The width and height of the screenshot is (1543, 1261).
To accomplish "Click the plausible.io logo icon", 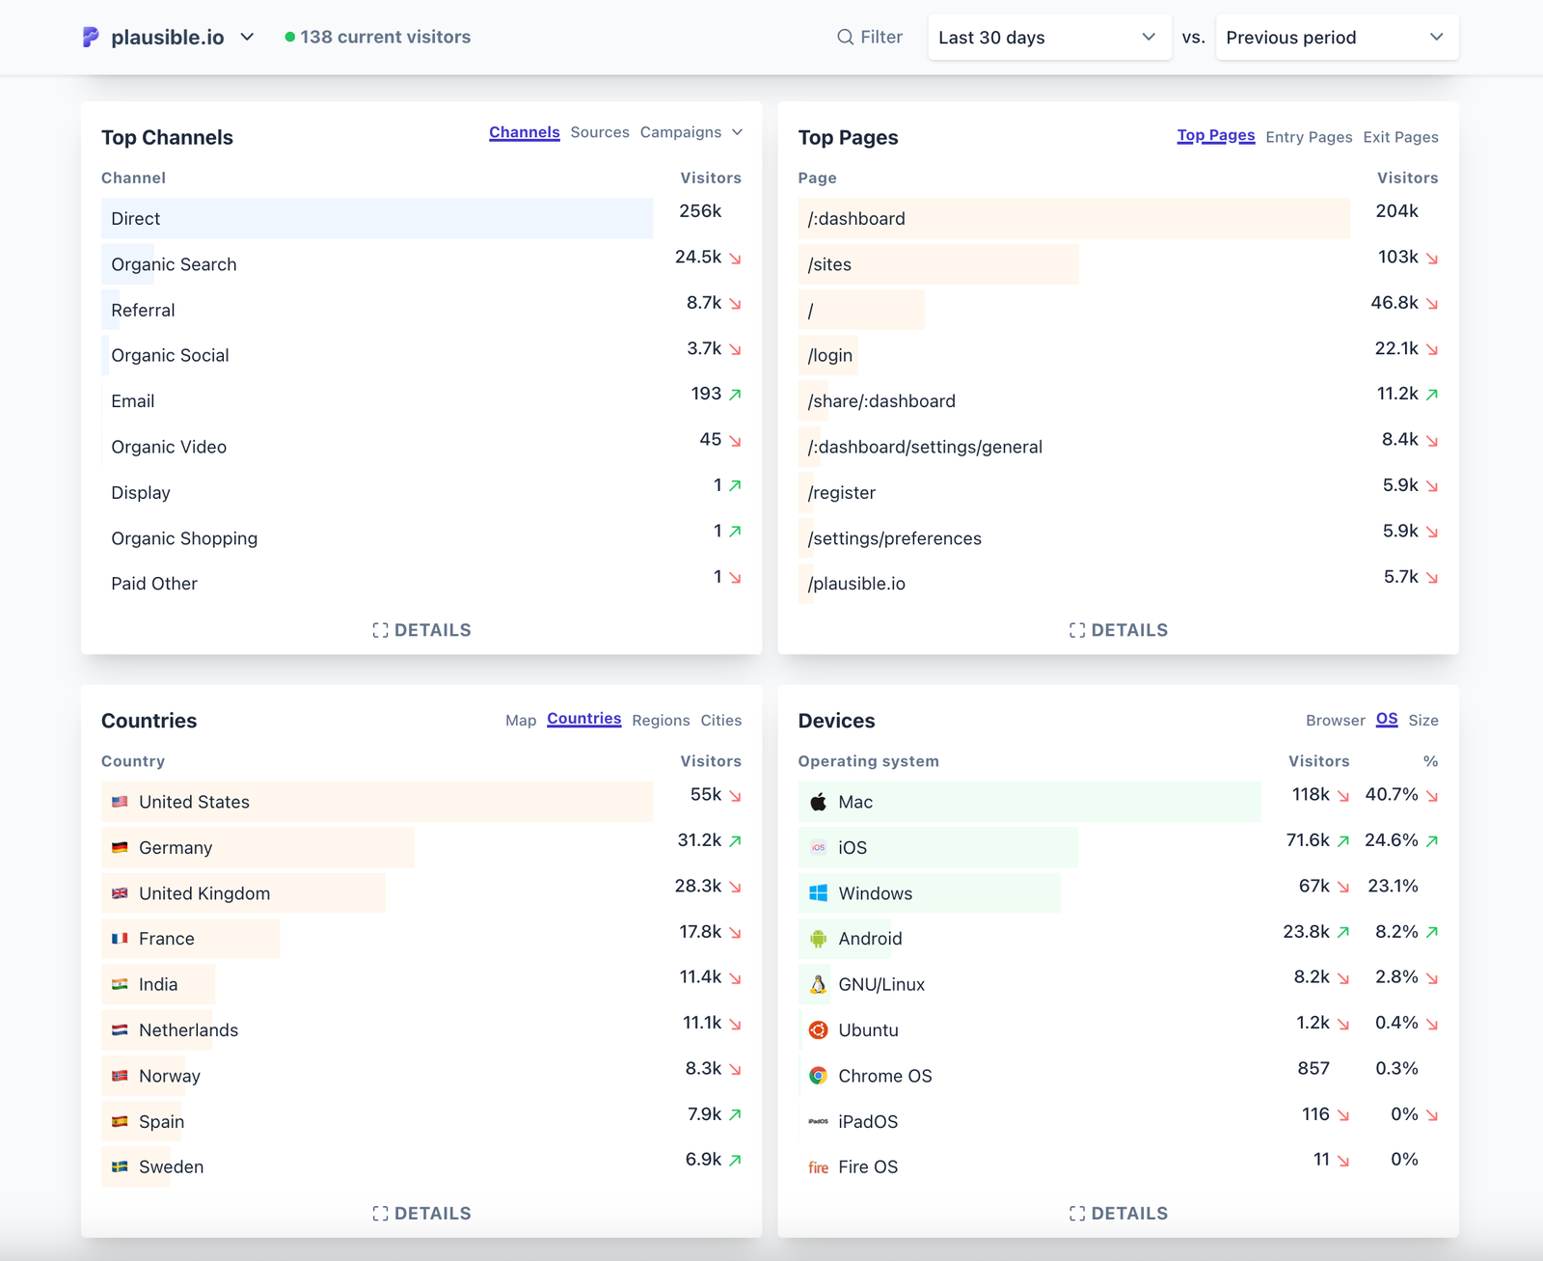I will [91, 37].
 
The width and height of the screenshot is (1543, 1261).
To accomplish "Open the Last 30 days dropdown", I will [1048, 38].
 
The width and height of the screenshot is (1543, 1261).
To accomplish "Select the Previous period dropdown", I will [1336, 38].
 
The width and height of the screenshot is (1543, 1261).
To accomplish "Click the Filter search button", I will [870, 37].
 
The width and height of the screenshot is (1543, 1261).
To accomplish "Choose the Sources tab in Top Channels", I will [599, 132].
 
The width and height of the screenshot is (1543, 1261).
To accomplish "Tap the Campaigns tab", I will [681, 132].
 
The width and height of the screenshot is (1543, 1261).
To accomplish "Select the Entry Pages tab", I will [1308, 137].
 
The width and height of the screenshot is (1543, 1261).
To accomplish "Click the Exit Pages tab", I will [1400, 137].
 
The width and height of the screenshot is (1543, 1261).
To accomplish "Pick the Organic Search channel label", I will [174, 264].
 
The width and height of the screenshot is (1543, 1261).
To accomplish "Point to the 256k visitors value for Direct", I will [700, 211].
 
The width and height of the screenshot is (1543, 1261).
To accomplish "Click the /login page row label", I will [829, 355].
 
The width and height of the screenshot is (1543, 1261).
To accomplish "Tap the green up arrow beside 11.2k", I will [1432, 394].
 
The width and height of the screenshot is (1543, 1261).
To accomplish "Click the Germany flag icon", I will [120, 847].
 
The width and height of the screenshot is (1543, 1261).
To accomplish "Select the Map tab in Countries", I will [520, 721].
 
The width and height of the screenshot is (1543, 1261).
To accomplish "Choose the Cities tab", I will [720, 721].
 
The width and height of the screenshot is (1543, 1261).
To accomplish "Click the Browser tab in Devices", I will [1335, 721].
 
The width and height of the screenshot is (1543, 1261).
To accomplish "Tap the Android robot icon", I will [818, 939].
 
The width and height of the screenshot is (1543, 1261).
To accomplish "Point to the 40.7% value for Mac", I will [1391, 795].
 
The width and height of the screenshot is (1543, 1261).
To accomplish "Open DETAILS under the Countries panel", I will [421, 1214].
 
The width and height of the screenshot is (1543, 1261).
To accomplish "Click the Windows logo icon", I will [818, 893].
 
